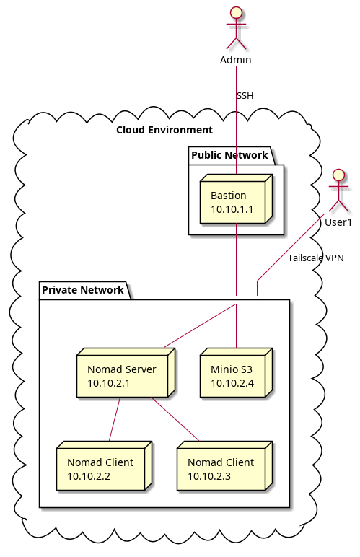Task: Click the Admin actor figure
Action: (236, 27)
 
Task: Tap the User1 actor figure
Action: (338, 190)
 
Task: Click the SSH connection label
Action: (245, 96)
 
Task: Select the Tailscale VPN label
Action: (315, 258)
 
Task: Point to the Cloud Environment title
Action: (164, 130)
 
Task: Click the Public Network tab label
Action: (229, 155)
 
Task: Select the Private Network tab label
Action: (83, 291)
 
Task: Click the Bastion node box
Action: (235, 203)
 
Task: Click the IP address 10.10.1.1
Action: (232, 209)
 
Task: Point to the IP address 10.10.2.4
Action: (232, 382)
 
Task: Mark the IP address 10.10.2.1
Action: (109, 382)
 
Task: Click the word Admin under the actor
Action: (236, 59)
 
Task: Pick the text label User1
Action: (338, 222)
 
